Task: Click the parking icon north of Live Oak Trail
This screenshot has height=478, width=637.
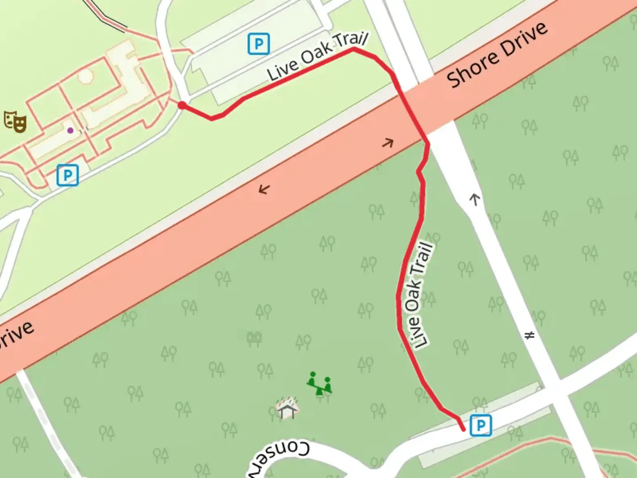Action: tap(259, 44)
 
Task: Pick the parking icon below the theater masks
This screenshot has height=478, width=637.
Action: tap(68, 175)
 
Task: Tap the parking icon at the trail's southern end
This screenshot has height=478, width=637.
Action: tap(480, 425)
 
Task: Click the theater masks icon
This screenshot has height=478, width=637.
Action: tap(15, 122)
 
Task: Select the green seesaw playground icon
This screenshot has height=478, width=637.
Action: tap(319, 383)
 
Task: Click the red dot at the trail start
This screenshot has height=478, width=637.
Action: tap(181, 105)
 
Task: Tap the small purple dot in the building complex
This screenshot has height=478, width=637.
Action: tap(70, 130)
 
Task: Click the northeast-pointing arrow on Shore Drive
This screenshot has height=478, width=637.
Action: tap(388, 143)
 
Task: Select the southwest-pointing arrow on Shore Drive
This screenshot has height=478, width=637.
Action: tap(264, 189)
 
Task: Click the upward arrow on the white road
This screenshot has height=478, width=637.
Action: tap(475, 199)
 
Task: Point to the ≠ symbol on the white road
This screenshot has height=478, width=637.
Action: tap(530, 335)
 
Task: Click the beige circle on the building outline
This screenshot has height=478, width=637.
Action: tap(86, 76)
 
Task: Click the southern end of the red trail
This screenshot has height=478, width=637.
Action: tap(464, 429)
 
